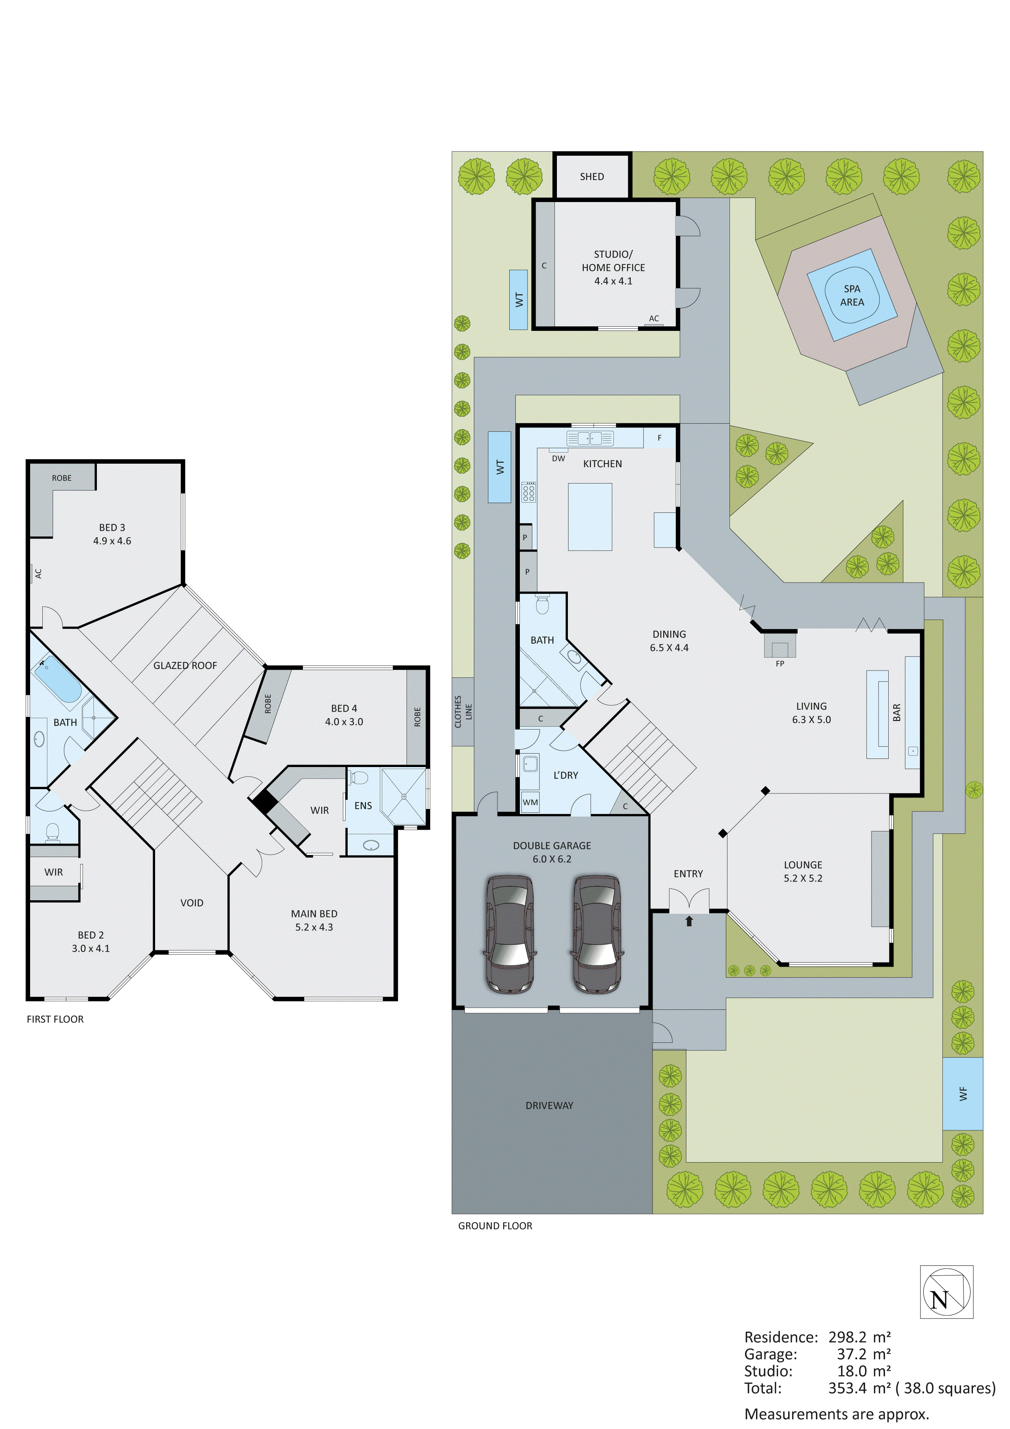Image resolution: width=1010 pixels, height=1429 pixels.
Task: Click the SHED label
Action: point(592,177)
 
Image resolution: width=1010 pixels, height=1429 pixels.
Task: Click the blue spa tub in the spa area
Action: point(851,295)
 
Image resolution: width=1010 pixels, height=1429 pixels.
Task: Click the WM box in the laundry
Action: point(530,802)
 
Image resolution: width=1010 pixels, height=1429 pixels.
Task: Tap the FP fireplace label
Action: point(780,664)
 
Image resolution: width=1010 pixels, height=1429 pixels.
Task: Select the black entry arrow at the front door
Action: point(689,921)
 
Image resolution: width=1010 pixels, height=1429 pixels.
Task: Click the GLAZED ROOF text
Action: point(185,665)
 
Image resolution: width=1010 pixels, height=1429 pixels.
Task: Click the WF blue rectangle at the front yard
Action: point(963,1093)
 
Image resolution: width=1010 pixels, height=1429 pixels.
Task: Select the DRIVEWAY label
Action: point(549,1106)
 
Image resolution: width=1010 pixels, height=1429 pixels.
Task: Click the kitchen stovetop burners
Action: point(529,492)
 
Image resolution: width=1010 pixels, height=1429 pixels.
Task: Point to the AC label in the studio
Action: point(654,319)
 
